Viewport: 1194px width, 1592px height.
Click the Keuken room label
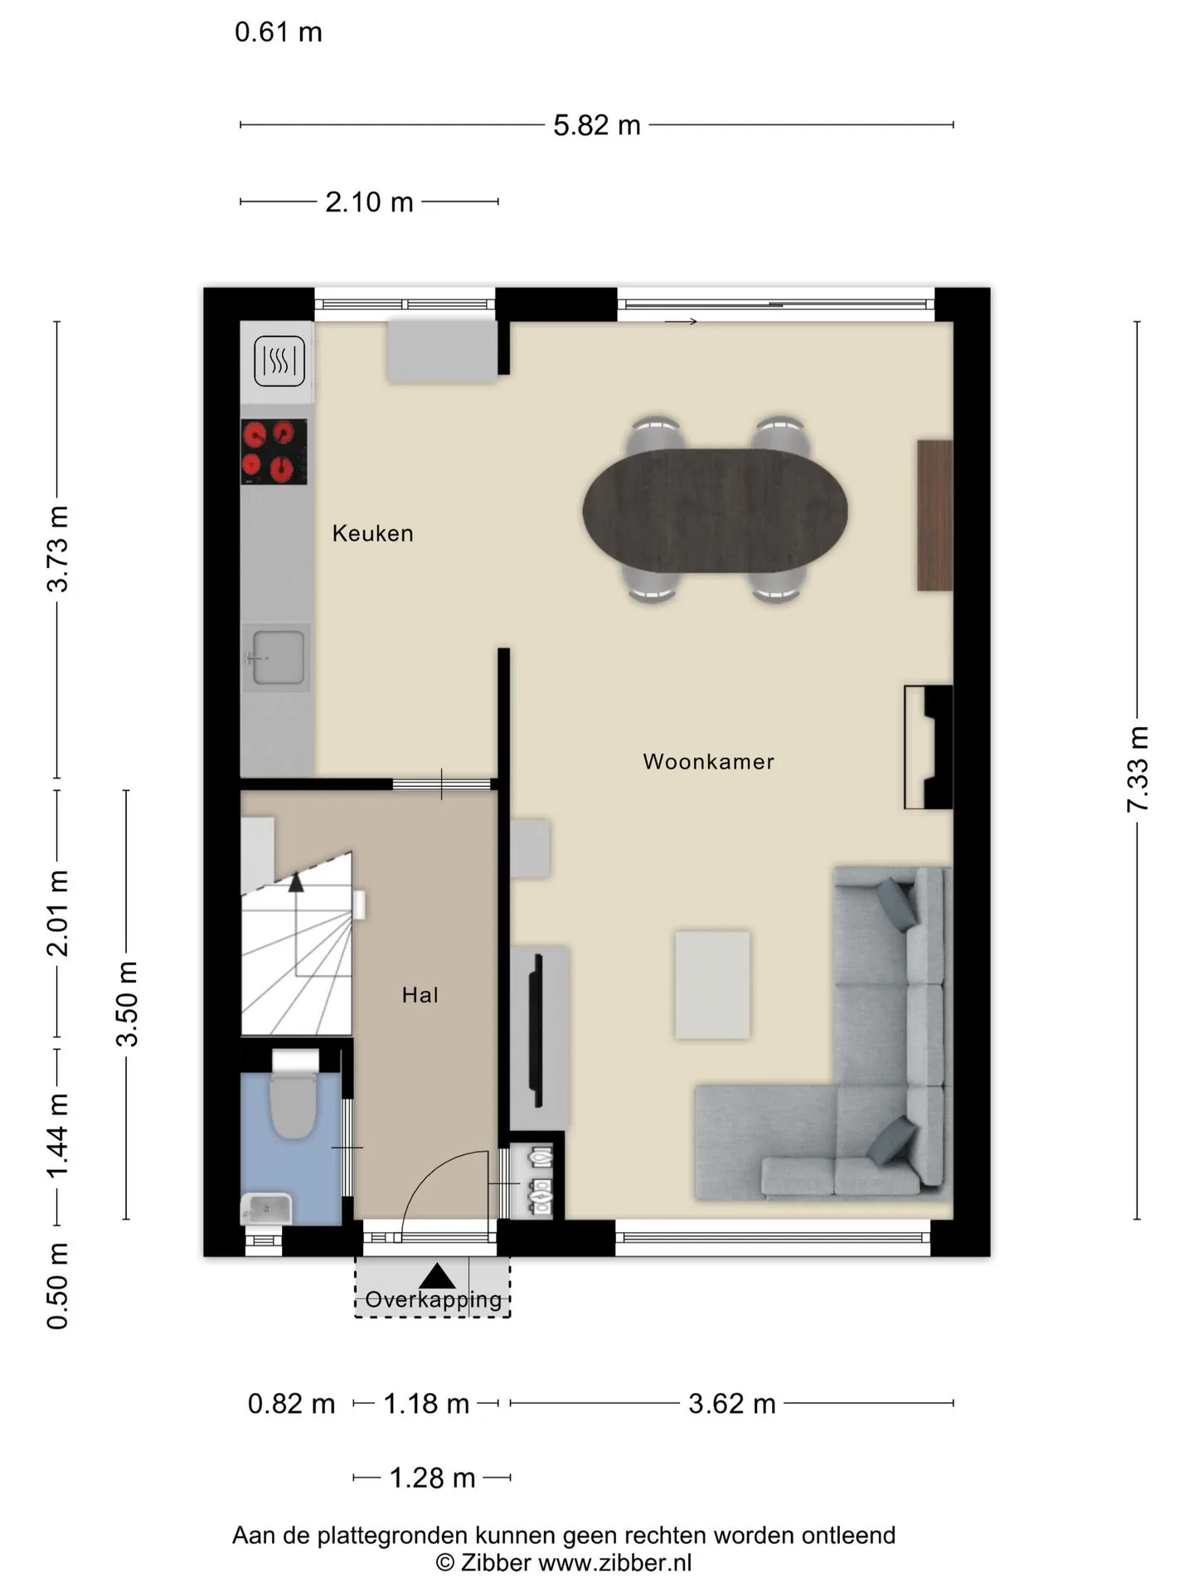(372, 533)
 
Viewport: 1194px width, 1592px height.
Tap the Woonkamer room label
(708, 761)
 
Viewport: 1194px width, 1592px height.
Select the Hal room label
(420, 995)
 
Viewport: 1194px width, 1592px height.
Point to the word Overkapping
(434, 1299)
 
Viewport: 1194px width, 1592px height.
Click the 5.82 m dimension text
(597, 125)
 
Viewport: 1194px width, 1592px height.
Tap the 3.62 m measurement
(732, 1404)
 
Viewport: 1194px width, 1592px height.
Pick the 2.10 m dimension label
(369, 201)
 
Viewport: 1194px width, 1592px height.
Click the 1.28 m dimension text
(432, 1478)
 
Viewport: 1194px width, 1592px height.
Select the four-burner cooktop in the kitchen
(274, 452)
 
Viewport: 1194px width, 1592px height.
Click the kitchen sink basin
(278, 658)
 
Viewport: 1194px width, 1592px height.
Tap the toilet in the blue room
(294, 1094)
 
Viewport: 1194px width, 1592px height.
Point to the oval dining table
(715, 511)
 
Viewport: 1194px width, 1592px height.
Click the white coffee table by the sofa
(712, 985)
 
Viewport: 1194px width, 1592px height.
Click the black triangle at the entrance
(437, 1277)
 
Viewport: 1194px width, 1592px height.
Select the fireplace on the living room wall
(928, 747)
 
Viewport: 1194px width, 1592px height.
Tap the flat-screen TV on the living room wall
(537, 1031)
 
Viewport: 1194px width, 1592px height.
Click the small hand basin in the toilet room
(266, 1209)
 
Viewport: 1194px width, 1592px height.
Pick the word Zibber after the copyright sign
(496, 1563)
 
